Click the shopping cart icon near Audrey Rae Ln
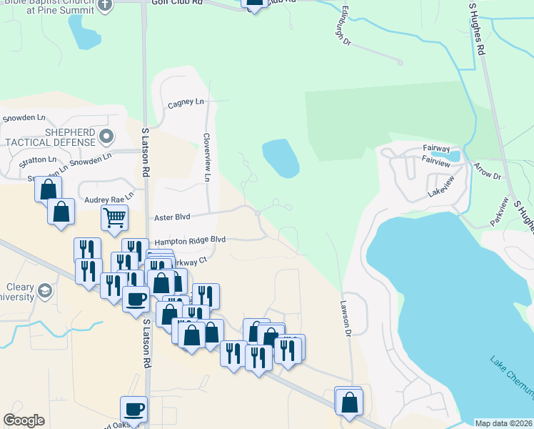(114, 217)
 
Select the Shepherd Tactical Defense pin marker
(107, 136)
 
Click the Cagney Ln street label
(186, 104)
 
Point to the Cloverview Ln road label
(207, 156)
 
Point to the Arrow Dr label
(487, 171)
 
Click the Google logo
(24, 420)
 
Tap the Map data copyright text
(503, 423)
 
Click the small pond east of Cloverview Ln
(281, 158)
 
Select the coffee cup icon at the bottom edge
(133, 410)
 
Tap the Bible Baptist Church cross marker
(105, 5)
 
